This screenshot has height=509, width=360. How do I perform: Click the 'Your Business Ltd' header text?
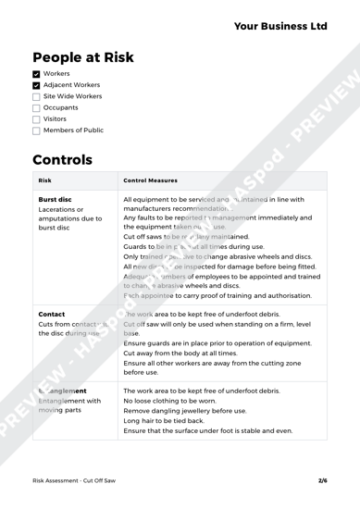[x=267, y=24]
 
